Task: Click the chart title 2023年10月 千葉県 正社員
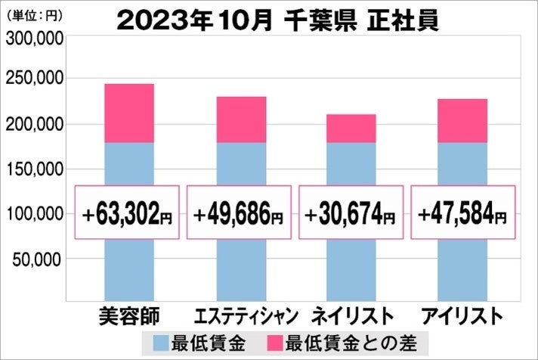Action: (x=278, y=20)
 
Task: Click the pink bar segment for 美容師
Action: (x=128, y=113)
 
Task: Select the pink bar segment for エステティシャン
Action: (x=240, y=119)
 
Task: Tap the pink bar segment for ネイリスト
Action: (x=351, y=128)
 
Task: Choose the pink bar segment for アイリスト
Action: (x=462, y=120)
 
